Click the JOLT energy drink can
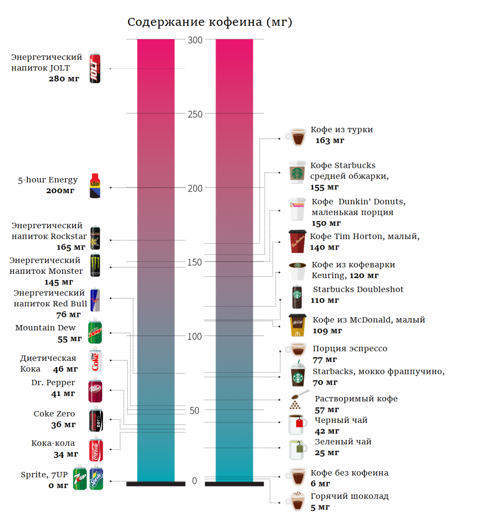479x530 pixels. pyautogui.click(x=95, y=68)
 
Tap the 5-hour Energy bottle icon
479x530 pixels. pyautogui.click(x=95, y=186)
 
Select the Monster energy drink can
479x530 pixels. pyautogui.click(x=95, y=266)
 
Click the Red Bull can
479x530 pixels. pyautogui.click(x=95, y=300)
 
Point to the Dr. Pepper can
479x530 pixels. pyautogui.click(x=95, y=390)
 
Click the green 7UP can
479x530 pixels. pyautogui.click(x=80, y=478)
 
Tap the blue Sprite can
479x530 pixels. pyautogui.click(x=96, y=478)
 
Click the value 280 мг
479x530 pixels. pyautogui.click(x=64, y=79)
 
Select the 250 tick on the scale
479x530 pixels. pyautogui.click(x=194, y=114)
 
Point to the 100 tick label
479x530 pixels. pyautogui.click(x=194, y=336)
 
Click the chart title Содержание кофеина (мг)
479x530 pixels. pyautogui.click(x=210, y=22)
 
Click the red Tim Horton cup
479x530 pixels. pyautogui.click(x=298, y=242)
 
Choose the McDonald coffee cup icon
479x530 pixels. pyautogui.click(x=297, y=325)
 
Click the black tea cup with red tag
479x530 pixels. pyautogui.click(x=297, y=424)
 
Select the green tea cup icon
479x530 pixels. pyautogui.click(x=297, y=449)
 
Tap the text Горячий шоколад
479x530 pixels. pyautogui.click(x=349, y=496)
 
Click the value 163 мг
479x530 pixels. pyautogui.click(x=330, y=140)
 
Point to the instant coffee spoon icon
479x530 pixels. pyautogui.click(x=296, y=400)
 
